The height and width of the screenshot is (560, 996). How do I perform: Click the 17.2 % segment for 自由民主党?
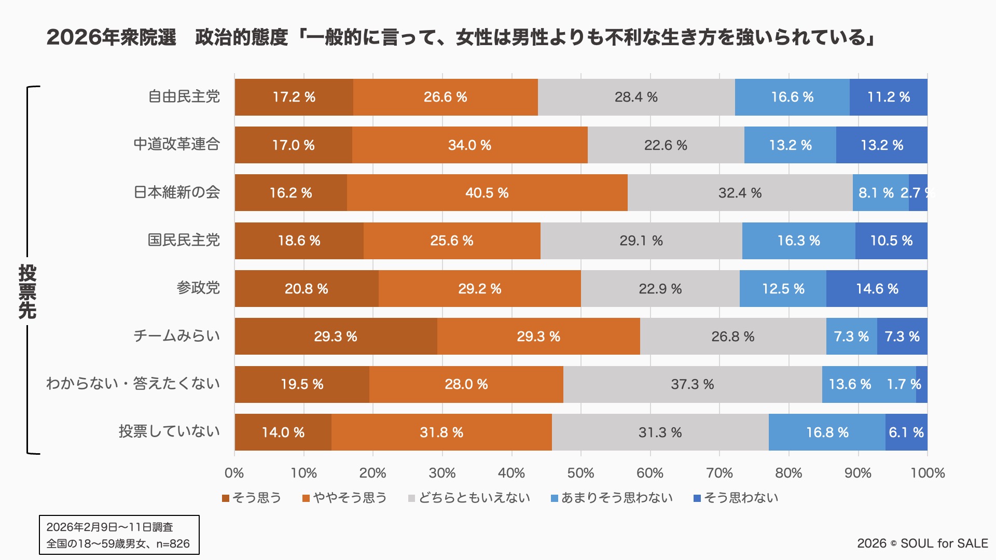tap(294, 97)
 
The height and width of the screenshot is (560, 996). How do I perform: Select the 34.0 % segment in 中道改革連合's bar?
tap(469, 145)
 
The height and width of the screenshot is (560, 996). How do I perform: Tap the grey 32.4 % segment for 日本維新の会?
tap(740, 193)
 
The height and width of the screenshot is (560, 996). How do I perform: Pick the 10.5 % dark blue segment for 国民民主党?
tap(891, 241)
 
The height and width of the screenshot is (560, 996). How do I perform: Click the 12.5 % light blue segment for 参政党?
tap(783, 289)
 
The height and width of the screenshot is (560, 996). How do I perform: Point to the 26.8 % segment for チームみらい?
tap(732, 337)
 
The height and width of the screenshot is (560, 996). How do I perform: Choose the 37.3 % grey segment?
tap(692, 384)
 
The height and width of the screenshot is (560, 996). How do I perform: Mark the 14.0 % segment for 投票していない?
tap(283, 432)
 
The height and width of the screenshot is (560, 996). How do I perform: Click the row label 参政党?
tap(198, 288)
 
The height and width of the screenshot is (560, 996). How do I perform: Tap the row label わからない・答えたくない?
tap(133, 384)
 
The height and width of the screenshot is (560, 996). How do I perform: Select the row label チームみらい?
tap(176, 336)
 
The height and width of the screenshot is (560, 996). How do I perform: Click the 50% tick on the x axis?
tap(580, 473)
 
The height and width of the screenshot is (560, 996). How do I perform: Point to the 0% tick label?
tap(234, 473)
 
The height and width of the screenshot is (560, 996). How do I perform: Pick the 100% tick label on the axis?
tap(928, 473)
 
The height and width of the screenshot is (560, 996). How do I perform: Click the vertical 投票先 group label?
tap(27, 291)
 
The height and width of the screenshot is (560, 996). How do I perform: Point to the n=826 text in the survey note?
tap(173, 544)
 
